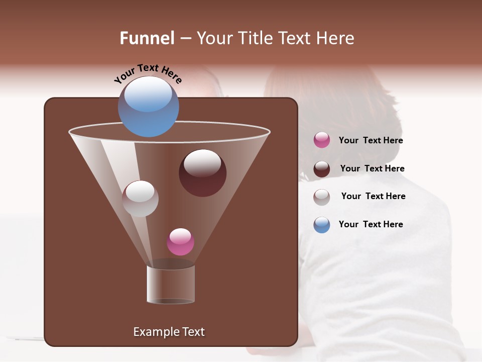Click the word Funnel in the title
[x=147, y=38]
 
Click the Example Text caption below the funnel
[x=169, y=332]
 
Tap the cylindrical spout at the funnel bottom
[x=170, y=285]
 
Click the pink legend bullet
[x=322, y=140]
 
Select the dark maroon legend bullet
[x=322, y=169]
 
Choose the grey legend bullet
[x=322, y=197]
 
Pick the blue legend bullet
[x=322, y=225]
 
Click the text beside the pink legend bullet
[x=371, y=141]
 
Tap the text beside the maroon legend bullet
[x=372, y=169]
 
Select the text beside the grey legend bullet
[x=373, y=197]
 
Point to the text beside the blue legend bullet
[x=371, y=225]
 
